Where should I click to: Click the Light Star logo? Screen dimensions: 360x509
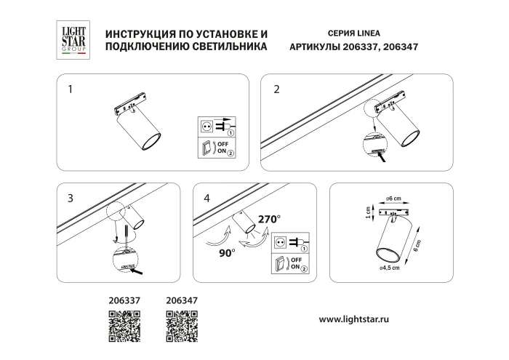tap(72, 41)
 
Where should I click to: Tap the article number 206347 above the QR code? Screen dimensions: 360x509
tap(183, 298)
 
